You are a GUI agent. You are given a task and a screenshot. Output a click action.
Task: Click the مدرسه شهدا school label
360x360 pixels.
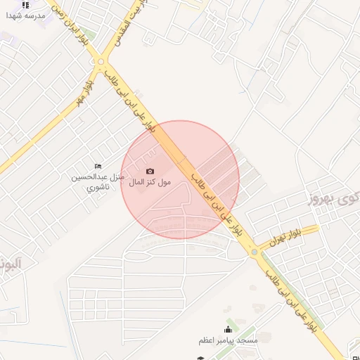click(x=26, y=15)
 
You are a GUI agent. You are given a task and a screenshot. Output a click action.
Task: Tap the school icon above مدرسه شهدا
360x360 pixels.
click(x=26, y=4)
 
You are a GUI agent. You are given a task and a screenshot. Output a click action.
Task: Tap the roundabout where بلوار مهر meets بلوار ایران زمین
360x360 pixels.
click(x=101, y=62)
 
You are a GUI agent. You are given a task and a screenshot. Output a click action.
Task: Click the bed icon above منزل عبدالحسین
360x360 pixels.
click(x=98, y=166)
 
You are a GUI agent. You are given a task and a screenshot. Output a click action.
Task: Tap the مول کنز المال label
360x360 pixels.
click(x=150, y=182)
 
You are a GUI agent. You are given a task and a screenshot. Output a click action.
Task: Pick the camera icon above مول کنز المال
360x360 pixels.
click(x=150, y=171)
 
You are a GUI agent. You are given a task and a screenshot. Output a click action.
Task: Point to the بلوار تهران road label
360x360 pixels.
click(x=289, y=237)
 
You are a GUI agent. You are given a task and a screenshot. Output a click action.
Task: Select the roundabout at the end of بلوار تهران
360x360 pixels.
click(x=253, y=251)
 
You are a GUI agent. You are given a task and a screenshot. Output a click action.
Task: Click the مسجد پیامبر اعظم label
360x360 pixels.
click(x=228, y=340)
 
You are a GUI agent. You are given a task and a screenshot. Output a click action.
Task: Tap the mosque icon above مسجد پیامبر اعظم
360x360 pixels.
click(x=228, y=329)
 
